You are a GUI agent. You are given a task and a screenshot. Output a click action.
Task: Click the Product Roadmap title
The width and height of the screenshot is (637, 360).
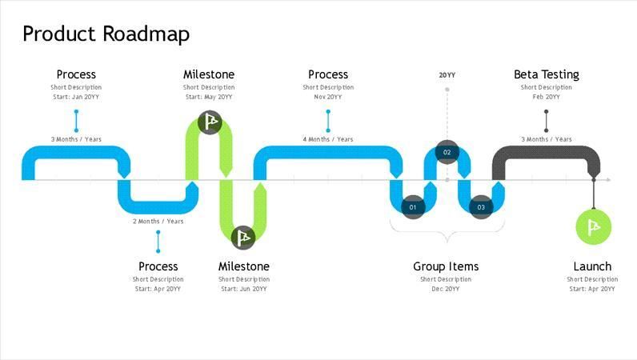106,34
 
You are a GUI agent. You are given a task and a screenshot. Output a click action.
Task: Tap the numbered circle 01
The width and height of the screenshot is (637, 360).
413,207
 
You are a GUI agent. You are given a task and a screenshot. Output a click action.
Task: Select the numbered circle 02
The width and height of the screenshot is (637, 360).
447,152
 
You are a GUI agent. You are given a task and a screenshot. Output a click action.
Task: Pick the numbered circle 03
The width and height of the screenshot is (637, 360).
481,207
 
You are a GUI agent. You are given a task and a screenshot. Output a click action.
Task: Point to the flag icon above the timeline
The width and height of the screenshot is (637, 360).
210,122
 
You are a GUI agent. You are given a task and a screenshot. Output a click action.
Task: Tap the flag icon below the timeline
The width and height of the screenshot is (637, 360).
243,237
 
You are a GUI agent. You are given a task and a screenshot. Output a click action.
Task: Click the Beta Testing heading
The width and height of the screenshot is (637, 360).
546,74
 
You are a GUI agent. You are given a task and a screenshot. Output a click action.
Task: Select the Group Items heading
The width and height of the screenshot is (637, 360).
446,266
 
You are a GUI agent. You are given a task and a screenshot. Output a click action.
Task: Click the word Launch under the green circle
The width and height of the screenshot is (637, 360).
592,266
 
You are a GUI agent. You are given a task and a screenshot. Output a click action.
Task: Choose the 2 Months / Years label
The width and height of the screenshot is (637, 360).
158,222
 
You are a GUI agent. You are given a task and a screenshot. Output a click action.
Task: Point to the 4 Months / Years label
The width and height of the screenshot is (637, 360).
327,139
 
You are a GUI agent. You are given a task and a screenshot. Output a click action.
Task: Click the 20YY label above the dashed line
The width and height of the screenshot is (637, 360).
447,75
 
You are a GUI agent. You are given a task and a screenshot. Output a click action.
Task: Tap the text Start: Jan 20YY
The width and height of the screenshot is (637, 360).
76,97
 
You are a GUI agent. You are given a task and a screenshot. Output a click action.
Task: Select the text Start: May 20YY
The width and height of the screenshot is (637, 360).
209,97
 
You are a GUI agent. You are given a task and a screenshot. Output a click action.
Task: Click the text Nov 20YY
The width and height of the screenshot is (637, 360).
327,97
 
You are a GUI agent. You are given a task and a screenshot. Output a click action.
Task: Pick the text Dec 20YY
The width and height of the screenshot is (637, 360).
446,289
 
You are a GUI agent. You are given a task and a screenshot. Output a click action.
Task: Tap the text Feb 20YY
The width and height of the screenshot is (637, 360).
546,97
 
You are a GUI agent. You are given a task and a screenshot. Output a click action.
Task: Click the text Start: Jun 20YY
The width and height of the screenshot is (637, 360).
243,289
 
